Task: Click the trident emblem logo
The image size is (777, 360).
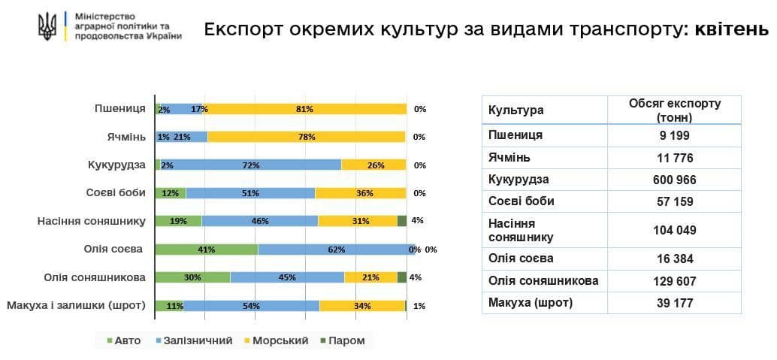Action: (x=47, y=27)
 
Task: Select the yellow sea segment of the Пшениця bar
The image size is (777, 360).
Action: (x=304, y=109)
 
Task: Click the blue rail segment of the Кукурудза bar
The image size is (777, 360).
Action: (x=250, y=165)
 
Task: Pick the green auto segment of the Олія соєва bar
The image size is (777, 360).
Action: (x=207, y=250)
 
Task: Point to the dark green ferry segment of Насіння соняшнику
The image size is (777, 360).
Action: (x=401, y=221)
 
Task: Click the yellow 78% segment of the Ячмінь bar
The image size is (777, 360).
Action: (x=307, y=137)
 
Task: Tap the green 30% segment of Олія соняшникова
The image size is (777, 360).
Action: (x=192, y=277)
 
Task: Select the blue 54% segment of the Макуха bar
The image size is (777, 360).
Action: (x=251, y=306)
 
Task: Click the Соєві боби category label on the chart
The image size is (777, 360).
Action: (x=115, y=192)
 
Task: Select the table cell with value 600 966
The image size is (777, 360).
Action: (x=674, y=180)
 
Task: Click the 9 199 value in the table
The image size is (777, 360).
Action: (x=674, y=136)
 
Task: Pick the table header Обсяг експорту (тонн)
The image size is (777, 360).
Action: (x=674, y=110)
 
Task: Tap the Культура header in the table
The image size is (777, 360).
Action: (x=516, y=110)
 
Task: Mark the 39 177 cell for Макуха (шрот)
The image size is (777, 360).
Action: (x=674, y=303)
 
